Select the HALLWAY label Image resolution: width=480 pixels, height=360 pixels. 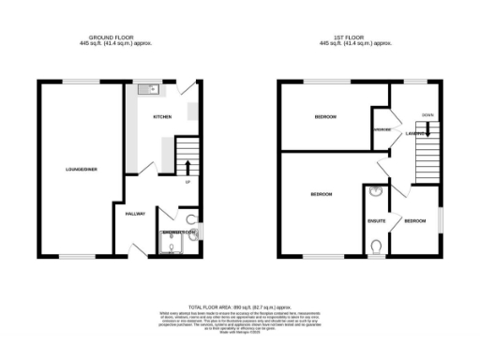[x=135, y=213]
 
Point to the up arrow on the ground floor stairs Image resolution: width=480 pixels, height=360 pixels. [x=188, y=169]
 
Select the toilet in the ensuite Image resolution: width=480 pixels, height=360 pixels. [x=377, y=247]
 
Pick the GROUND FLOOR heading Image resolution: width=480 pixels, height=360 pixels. [x=115, y=38]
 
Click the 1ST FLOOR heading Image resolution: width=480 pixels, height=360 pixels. [x=355, y=38]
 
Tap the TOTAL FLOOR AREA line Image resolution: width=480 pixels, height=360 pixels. [x=240, y=307]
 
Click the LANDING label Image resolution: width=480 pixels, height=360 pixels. [x=416, y=133]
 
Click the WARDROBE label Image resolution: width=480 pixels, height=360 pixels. [x=382, y=129]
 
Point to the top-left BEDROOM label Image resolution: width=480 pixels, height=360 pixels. [x=325, y=116]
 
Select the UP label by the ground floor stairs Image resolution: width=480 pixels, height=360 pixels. [x=188, y=183]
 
